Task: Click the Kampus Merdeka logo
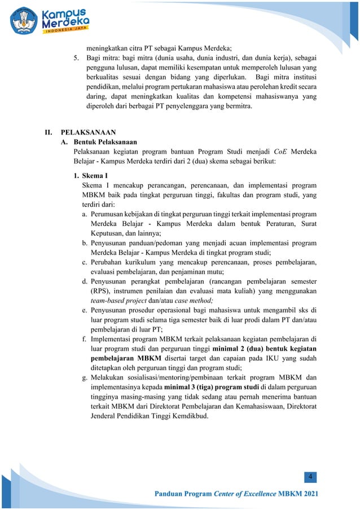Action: tap(50, 20)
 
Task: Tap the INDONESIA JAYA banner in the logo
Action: tap(65, 32)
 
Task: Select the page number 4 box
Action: tap(310, 478)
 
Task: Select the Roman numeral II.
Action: tap(49, 132)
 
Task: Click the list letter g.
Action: tap(84, 378)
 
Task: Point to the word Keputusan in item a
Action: tap(108, 232)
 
